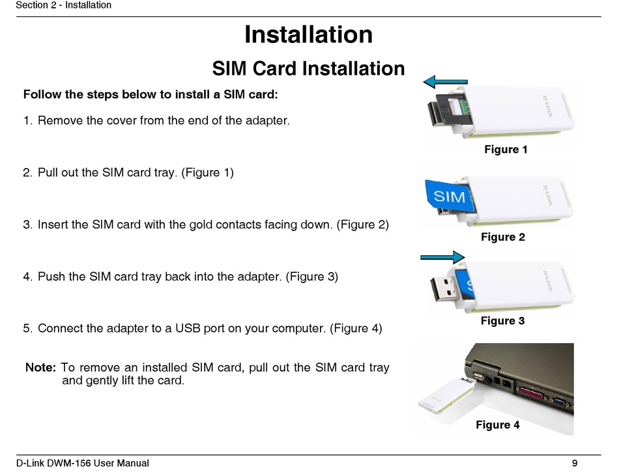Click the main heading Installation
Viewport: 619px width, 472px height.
tap(308, 35)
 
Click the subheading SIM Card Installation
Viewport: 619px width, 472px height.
tap(308, 68)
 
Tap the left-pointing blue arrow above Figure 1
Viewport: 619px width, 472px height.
tap(445, 81)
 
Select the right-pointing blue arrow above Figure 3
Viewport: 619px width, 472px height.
tap(442, 258)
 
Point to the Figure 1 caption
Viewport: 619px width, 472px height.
tap(506, 150)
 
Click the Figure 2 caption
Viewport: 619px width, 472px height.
tap(503, 237)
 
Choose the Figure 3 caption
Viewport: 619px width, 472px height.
tap(502, 320)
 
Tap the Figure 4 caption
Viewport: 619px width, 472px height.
tap(497, 424)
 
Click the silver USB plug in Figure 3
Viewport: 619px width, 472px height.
tap(444, 288)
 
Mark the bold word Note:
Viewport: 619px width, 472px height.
tap(40, 367)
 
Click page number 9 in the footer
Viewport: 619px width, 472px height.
tap(575, 463)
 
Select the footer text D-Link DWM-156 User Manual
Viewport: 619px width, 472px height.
tap(83, 463)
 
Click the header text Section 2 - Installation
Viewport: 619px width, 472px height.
tap(64, 5)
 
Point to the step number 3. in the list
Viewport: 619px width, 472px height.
tap(27, 225)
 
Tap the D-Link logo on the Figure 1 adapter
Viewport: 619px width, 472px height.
tap(547, 107)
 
